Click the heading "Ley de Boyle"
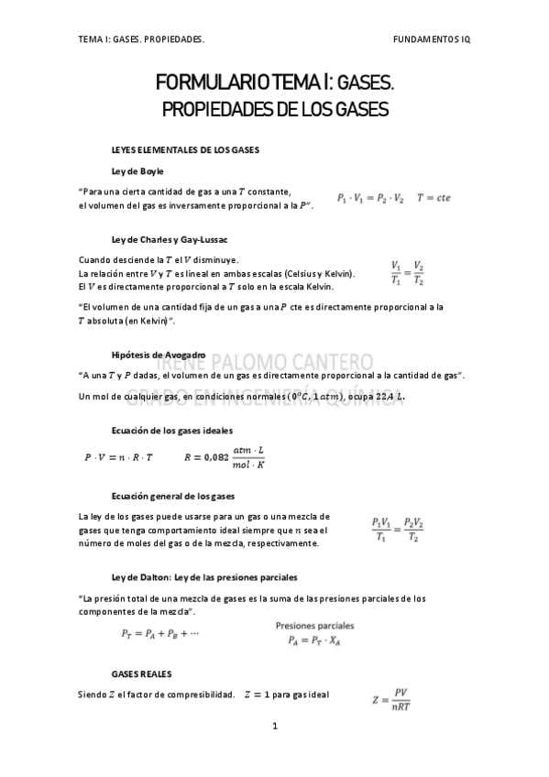137,171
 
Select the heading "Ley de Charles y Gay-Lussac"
169,239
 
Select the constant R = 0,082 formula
225,456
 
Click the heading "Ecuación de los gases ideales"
171,430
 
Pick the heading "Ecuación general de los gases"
172,496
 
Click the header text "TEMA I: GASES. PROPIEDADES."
141,41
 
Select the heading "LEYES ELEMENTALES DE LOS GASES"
185,148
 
